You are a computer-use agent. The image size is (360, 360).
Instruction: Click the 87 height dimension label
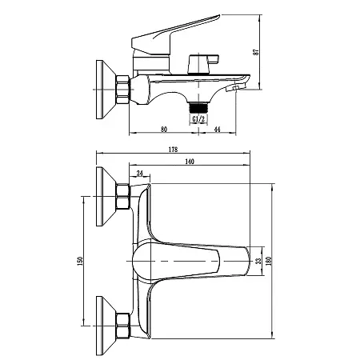point(256,52)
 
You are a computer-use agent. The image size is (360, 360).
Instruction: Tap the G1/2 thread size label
point(198,119)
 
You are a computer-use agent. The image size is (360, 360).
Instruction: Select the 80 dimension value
point(164,130)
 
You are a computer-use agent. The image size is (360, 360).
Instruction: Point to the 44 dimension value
point(218,130)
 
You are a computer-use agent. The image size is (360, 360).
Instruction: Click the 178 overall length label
point(173,150)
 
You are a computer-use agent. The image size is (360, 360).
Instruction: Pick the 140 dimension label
point(190,162)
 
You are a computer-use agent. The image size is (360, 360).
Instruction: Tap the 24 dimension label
point(140,174)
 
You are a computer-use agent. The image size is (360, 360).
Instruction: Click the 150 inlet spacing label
point(80,261)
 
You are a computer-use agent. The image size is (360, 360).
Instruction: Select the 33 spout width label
point(258,261)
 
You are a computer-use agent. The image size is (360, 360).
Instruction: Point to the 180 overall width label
point(269,261)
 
